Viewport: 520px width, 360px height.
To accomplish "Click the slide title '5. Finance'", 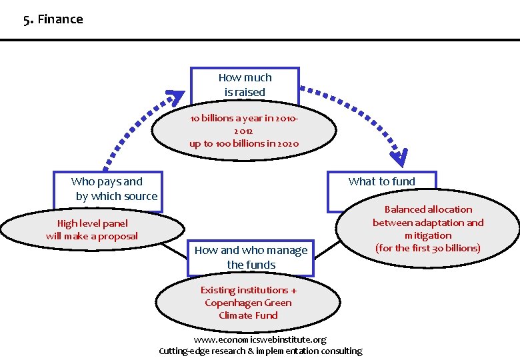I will point(53,19).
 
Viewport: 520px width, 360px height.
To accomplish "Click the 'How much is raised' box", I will point(245,85).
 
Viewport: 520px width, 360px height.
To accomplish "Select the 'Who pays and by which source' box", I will point(107,189).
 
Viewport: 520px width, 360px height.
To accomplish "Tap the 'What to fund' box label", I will point(381,181).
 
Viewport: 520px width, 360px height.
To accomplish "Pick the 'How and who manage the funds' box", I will point(251,257).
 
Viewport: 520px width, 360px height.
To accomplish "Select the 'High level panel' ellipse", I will point(92,230).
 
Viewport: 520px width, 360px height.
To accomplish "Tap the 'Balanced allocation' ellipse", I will point(427,229).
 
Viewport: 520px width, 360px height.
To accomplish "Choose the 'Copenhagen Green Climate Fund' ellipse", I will point(249,303).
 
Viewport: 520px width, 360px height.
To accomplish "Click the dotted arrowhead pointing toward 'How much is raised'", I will point(175,98).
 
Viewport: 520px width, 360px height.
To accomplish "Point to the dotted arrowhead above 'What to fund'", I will point(399,158).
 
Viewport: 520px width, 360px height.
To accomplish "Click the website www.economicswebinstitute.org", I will point(259,339).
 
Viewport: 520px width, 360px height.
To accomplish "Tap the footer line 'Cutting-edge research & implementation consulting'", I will point(261,351).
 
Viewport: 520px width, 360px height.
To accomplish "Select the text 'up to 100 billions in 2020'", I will point(244,143).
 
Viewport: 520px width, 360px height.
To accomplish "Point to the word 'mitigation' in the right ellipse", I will point(428,235).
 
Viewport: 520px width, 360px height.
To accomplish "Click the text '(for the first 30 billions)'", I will point(428,248).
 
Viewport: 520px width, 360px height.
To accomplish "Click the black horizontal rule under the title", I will point(260,40).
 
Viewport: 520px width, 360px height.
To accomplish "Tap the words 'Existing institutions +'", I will point(249,290).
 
